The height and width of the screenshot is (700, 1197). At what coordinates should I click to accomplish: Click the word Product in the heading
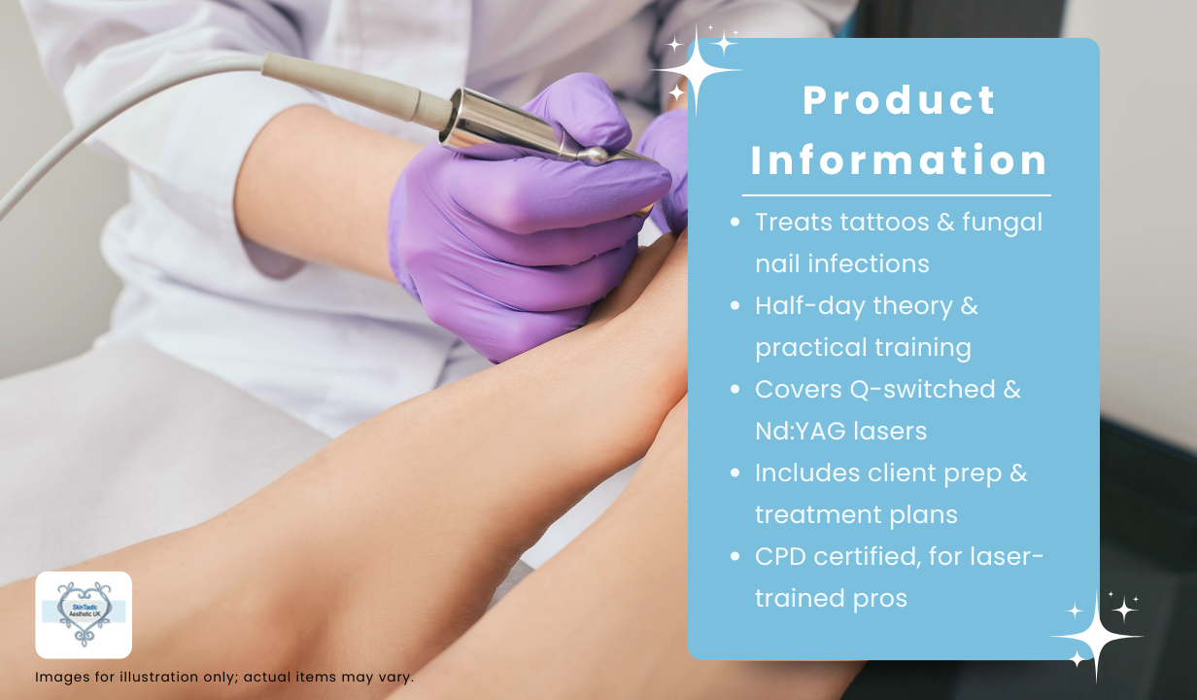(x=900, y=100)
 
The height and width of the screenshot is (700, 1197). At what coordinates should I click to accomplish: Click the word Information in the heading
(x=900, y=159)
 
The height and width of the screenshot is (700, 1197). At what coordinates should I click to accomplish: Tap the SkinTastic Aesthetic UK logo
(x=84, y=615)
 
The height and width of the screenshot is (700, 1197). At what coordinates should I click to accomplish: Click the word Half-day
(x=810, y=306)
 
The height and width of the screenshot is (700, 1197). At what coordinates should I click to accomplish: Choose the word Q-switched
(x=922, y=389)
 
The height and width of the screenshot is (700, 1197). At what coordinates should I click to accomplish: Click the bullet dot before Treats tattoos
(x=735, y=222)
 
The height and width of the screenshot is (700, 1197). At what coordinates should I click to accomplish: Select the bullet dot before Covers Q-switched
(x=735, y=389)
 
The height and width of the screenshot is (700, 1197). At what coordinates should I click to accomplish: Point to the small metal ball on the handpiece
(x=592, y=156)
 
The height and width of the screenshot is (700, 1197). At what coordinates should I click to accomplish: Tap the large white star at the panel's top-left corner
(x=697, y=70)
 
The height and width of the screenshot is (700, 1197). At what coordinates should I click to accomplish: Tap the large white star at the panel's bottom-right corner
(x=1096, y=637)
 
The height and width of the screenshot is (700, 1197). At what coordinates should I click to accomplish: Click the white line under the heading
(x=897, y=195)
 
